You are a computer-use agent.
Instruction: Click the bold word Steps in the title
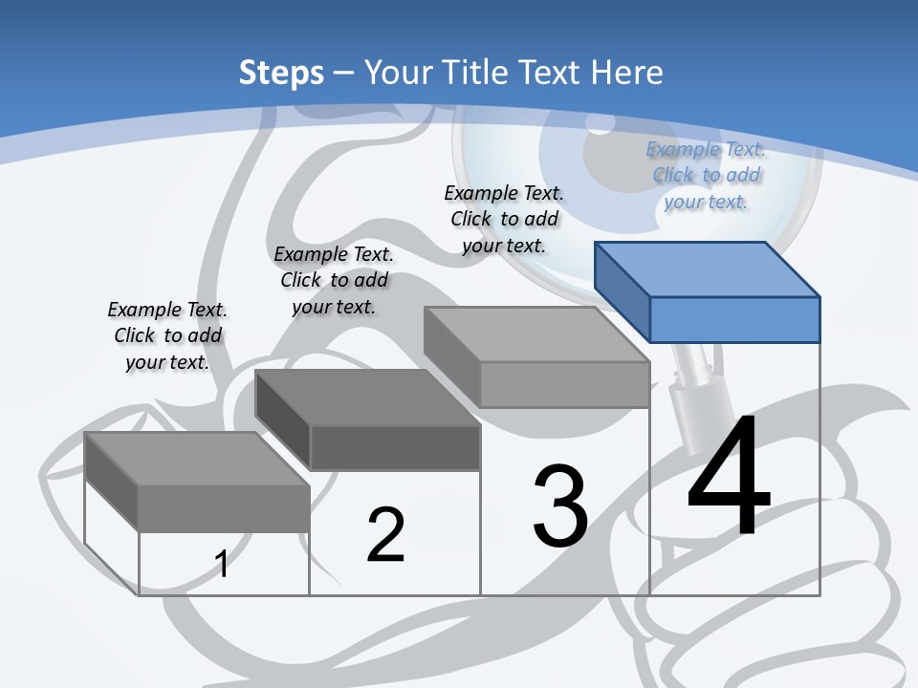pos(281,73)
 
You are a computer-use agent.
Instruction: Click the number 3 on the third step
pos(560,506)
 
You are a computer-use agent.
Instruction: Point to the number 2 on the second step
pos(385,535)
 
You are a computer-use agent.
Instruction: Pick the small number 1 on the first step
pos(222,564)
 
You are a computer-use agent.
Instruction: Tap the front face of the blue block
pos(734,319)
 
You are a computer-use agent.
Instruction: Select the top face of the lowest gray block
pos(196,458)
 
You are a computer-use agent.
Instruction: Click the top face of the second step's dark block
pos(367,398)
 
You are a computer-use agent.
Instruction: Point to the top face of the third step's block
pos(536,334)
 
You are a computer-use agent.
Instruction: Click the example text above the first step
pos(167,335)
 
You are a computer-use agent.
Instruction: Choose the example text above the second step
pos(334,280)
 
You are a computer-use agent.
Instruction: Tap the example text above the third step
pos(504,219)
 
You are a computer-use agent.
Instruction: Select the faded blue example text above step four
pos(706,175)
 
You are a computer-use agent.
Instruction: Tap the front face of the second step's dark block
pos(395,447)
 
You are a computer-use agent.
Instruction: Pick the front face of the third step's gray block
pos(564,384)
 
